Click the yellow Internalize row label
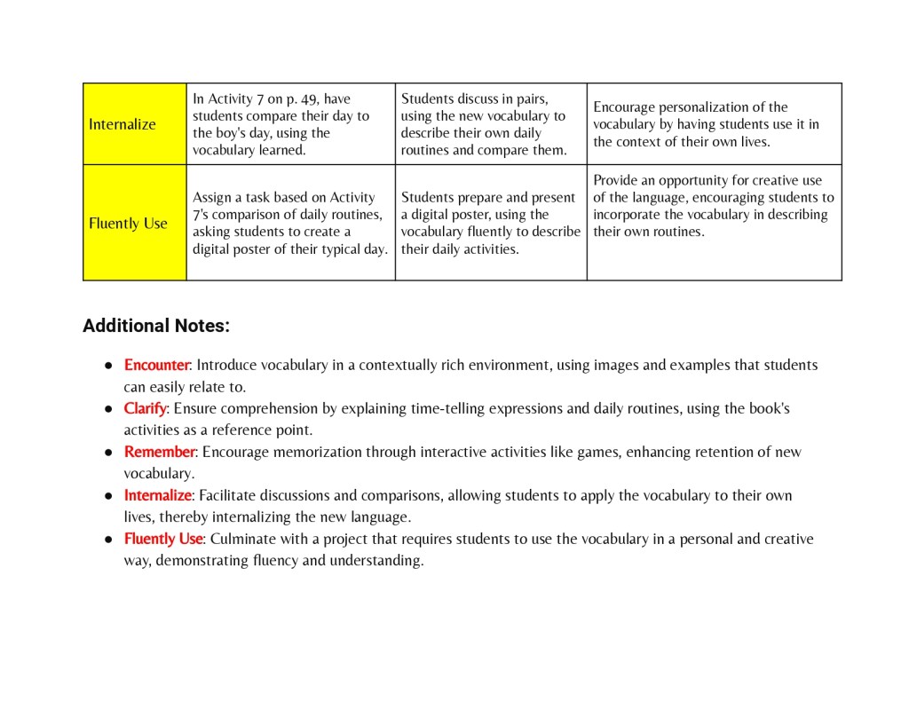[123, 124]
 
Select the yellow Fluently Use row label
[128, 224]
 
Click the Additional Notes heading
[156, 326]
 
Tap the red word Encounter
[156, 365]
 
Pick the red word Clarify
[145, 408]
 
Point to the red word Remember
[159, 452]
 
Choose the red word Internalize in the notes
[157, 495]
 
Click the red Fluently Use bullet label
[163, 539]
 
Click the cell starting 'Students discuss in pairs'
[490, 124]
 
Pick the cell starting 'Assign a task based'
[290, 223]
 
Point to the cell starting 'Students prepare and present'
[490, 223]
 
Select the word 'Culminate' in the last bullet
[241, 539]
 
